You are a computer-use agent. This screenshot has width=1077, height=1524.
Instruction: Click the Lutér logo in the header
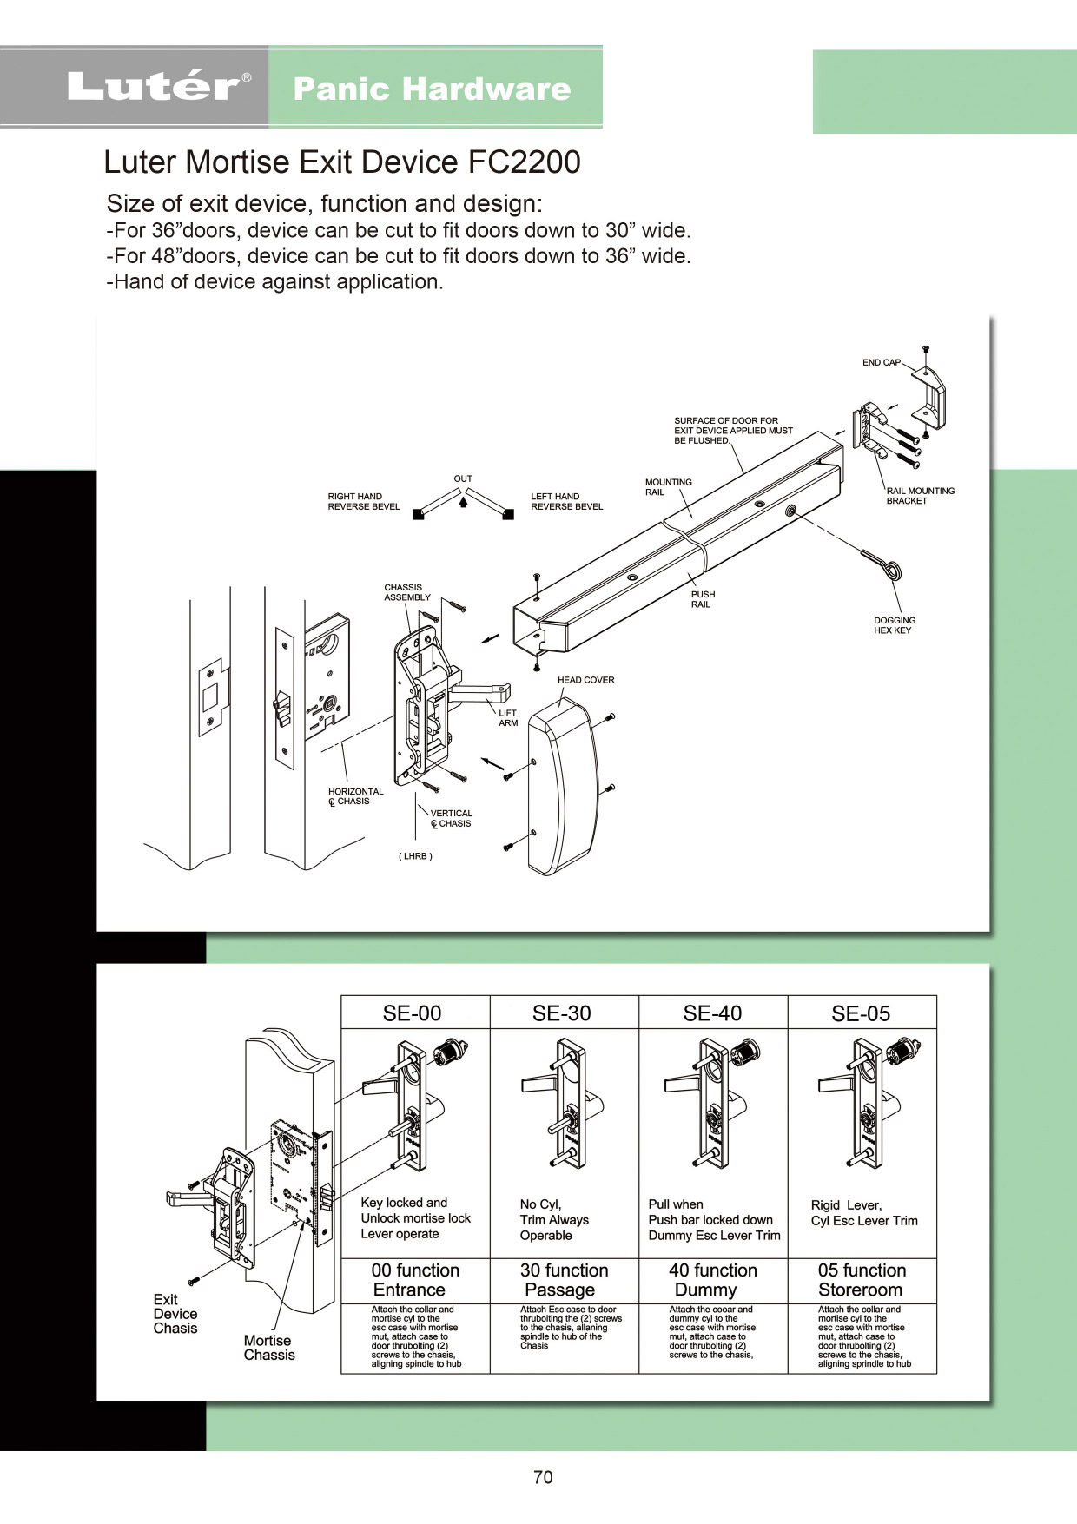click(159, 87)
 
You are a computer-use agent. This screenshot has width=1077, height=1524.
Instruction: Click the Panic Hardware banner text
click(432, 89)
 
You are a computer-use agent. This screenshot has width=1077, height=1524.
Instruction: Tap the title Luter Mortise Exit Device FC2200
click(342, 162)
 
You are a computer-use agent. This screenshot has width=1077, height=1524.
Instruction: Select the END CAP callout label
click(882, 362)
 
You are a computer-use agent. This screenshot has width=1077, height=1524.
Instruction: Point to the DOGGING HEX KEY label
click(895, 625)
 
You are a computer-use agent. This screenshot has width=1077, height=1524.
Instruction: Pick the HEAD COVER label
click(585, 680)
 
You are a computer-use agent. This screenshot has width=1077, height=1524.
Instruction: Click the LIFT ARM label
click(508, 717)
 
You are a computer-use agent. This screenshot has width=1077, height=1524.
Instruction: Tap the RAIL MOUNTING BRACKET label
click(920, 496)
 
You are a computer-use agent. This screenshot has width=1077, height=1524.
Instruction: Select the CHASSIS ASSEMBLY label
click(407, 592)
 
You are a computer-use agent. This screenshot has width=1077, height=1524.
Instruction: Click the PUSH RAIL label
click(703, 599)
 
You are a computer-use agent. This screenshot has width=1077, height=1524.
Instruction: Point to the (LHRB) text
click(415, 856)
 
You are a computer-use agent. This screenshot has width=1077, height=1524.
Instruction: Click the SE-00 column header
click(413, 1013)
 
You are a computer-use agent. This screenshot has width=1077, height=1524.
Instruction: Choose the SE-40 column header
click(712, 1013)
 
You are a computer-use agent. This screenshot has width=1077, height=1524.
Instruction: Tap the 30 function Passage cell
click(564, 1280)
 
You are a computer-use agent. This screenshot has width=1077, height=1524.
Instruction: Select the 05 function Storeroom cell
click(862, 1280)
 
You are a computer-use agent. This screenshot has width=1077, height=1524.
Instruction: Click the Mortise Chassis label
click(269, 1348)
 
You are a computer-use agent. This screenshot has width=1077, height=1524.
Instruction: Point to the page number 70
click(543, 1477)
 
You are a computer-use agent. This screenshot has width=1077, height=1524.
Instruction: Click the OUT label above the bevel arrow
click(463, 478)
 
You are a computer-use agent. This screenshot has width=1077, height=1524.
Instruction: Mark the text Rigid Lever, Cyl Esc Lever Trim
click(864, 1213)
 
